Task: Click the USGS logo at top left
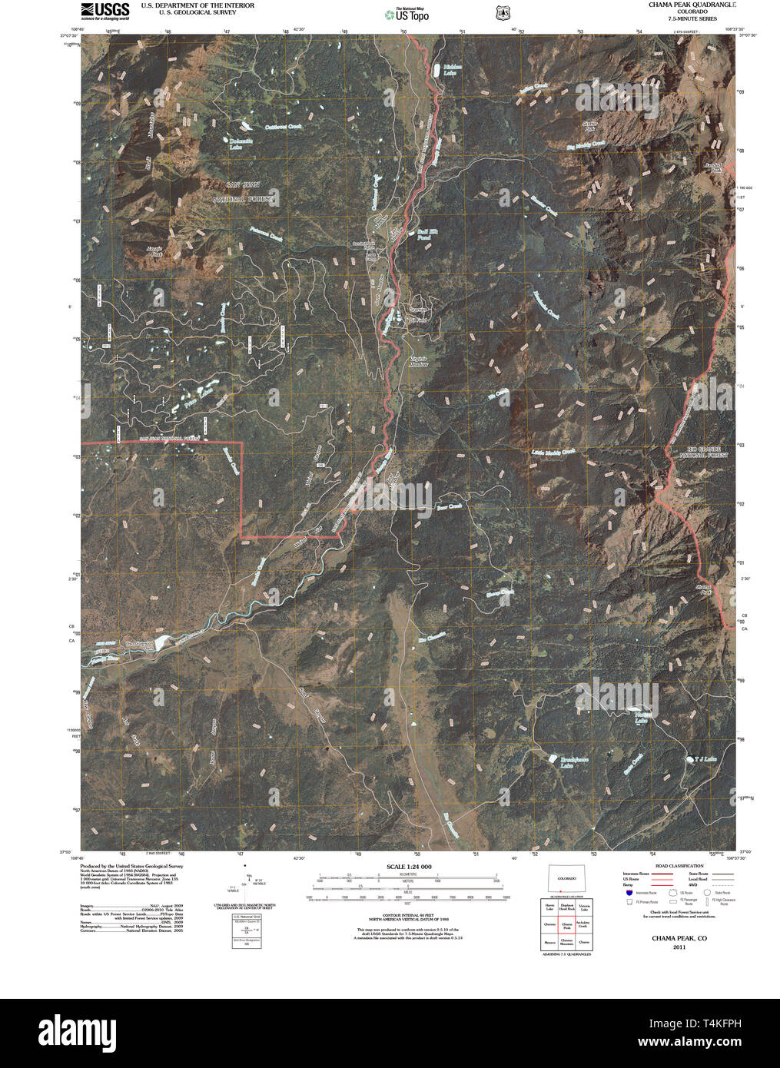tap(105, 10)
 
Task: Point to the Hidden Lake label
tap(450, 70)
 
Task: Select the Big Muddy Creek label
tap(586, 144)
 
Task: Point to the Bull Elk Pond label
tap(423, 234)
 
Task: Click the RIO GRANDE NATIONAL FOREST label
tap(699, 453)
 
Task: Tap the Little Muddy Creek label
tap(553, 453)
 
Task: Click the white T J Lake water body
tap(689, 760)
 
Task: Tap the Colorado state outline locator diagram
tap(566, 879)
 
